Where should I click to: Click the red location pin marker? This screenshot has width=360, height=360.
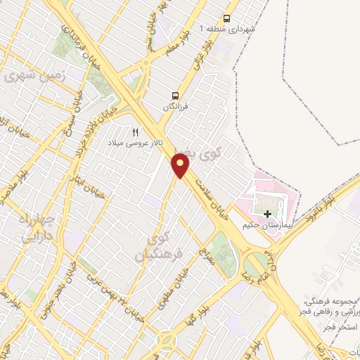click(181, 166)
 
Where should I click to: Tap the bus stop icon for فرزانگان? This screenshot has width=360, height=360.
click(174, 96)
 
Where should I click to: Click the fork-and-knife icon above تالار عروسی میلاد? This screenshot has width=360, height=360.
click(135, 131)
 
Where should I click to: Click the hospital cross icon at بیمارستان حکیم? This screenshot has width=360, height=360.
click(267, 213)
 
